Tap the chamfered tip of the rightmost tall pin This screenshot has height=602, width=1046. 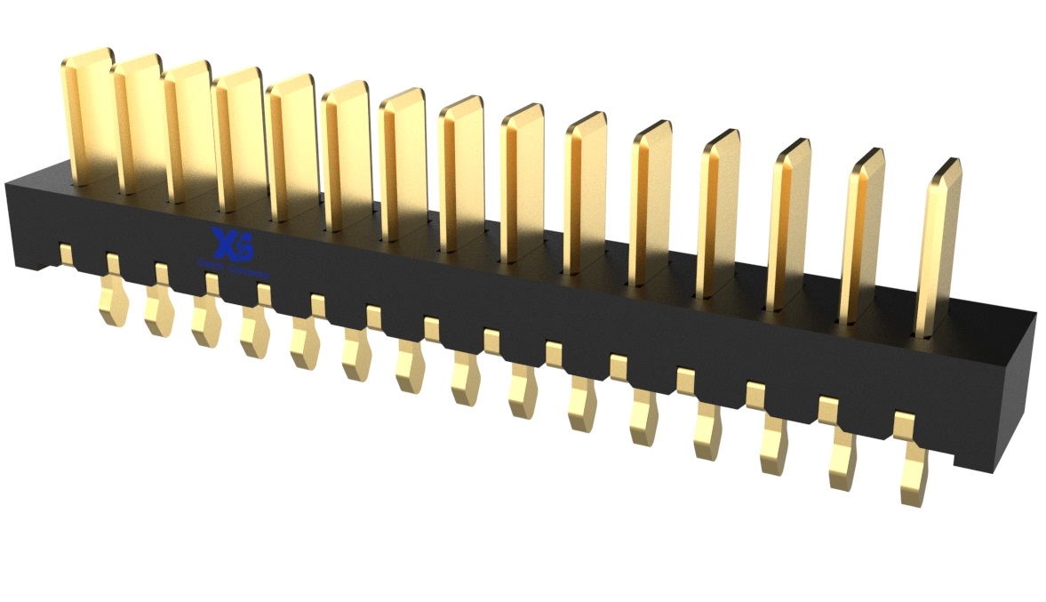coord(945,169)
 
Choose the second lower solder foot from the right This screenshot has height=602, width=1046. coord(843,462)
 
